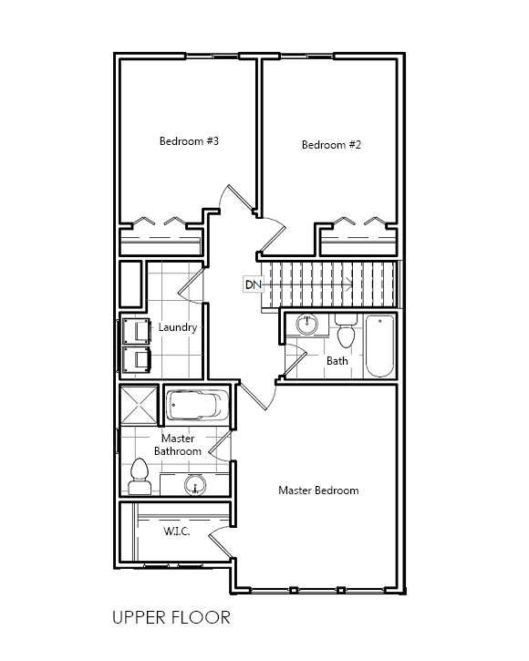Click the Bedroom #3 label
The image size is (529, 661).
[x=189, y=140]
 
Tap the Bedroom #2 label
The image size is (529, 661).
[x=331, y=145]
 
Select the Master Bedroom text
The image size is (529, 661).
[x=318, y=491]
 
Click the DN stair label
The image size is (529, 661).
[x=254, y=284]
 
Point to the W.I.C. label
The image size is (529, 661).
[x=176, y=532]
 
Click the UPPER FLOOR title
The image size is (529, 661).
[x=171, y=617]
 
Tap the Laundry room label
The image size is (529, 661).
[x=178, y=327]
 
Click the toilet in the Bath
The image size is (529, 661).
[x=346, y=331]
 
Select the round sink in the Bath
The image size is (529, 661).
[x=306, y=325]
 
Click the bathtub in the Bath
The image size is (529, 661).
[x=379, y=346]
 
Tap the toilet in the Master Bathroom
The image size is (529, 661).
[x=140, y=476]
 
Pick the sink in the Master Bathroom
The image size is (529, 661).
[x=195, y=485]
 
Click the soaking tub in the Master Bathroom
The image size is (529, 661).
[x=197, y=406]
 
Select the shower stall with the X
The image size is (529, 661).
[x=139, y=404]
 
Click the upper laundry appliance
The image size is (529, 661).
[x=136, y=331]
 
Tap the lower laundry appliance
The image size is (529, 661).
[x=136, y=359]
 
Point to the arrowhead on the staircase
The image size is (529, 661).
[x=349, y=284]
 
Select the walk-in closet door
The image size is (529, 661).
[x=220, y=542]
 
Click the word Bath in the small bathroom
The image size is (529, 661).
[x=337, y=361]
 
